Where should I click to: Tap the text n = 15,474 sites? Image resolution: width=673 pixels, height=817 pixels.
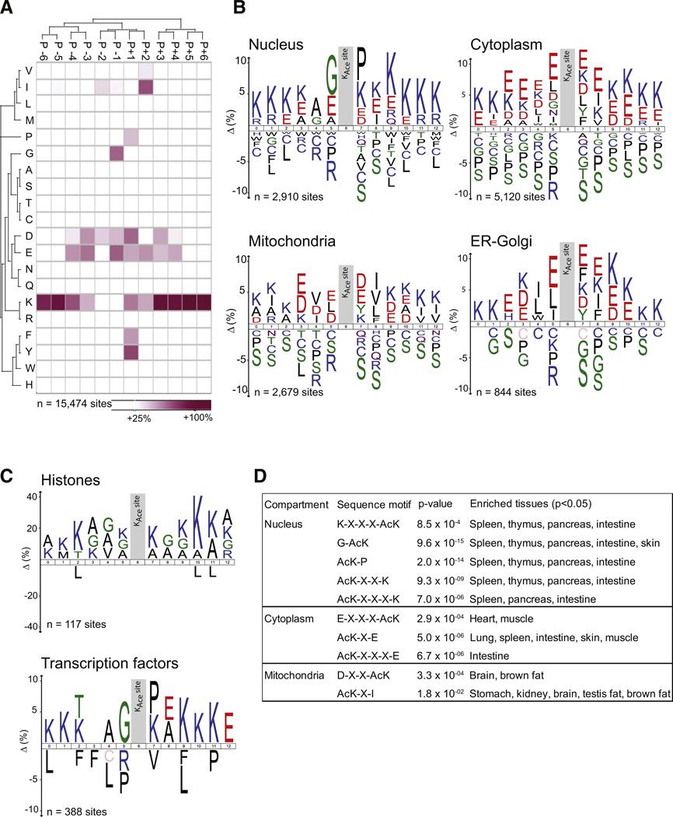75,405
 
